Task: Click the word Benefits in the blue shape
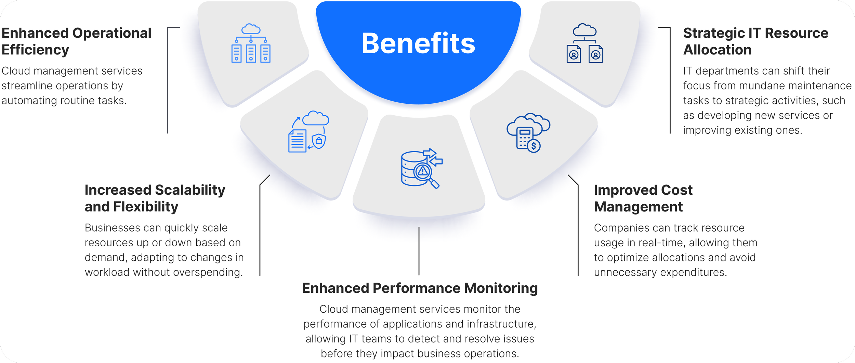[418, 43]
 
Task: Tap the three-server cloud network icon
[251, 43]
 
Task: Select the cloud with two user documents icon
[584, 43]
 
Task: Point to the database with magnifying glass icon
[421, 168]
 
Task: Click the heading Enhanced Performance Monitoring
[420, 288]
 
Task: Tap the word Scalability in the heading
[190, 190]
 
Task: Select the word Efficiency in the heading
[35, 50]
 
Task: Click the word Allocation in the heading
[717, 50]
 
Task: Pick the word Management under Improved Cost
[638, 207]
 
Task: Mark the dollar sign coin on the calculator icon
[534, 146]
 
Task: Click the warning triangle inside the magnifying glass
[423, 171]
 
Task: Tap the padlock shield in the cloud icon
[319, 141]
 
